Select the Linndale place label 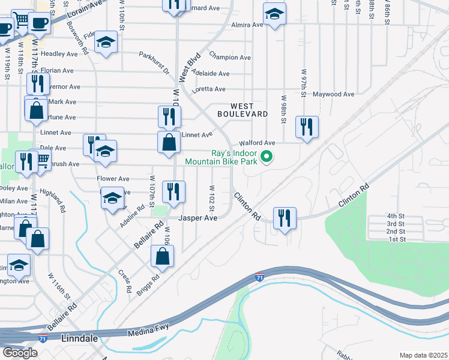coord(81,339)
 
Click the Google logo coord(20,353)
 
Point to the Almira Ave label coord(249,25)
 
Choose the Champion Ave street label coord(230,58)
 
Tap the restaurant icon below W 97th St coord(307,126)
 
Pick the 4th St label coord(396,215)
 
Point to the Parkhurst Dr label coord(154,62)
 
